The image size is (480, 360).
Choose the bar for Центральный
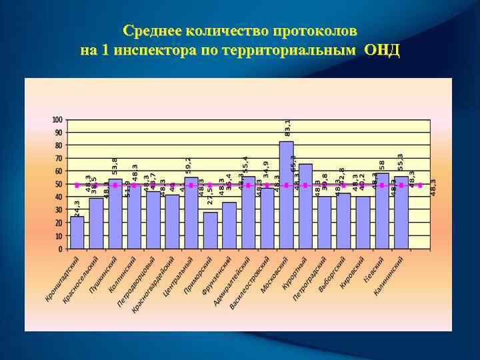(191, 213)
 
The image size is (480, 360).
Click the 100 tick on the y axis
(57, 120)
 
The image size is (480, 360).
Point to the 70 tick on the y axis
(58, 159)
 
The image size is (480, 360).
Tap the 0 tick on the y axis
(60, 249)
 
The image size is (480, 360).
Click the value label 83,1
(287, 128)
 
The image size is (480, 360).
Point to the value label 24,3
(77, 207)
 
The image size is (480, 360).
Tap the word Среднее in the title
(153, 31)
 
